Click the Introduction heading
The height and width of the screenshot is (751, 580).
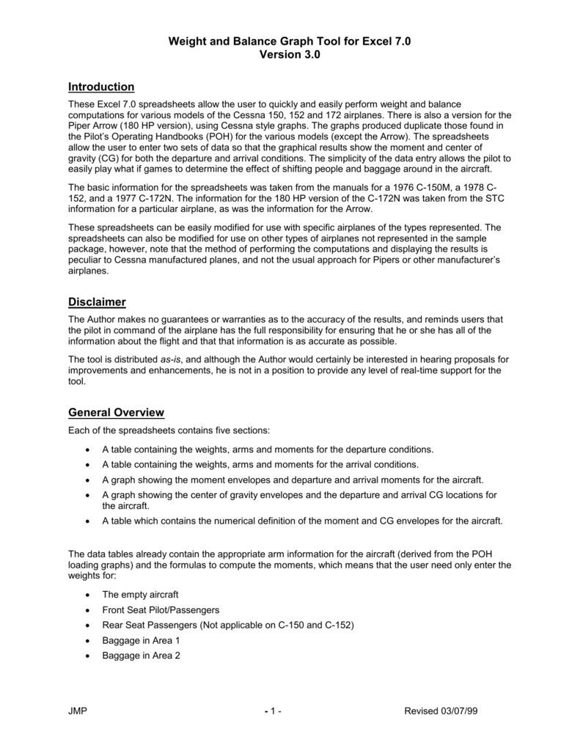101,87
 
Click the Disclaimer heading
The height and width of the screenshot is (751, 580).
97,302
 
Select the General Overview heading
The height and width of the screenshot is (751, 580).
116,412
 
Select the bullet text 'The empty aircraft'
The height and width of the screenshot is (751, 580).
140,595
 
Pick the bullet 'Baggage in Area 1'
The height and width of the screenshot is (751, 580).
141,640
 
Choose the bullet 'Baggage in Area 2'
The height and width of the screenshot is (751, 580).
141,656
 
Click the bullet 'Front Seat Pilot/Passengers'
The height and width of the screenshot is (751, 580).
161,610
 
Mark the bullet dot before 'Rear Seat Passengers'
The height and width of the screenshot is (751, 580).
89,626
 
